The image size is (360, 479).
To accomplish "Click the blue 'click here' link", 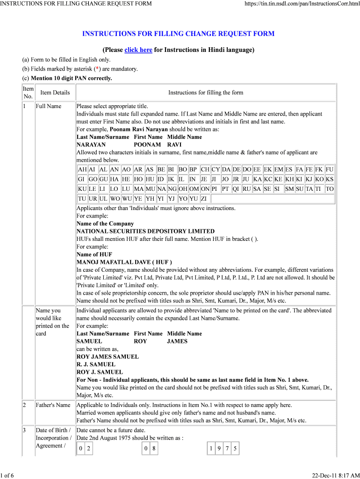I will (138, 50).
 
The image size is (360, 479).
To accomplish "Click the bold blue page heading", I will (178, 34).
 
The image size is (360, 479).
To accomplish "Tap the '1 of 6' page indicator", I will (7, 476).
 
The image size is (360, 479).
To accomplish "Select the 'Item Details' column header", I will (55, 93).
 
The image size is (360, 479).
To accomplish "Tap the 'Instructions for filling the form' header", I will (206, 93).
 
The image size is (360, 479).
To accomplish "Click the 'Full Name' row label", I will (48, 106).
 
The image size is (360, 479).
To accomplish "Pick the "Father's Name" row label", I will (53, 405).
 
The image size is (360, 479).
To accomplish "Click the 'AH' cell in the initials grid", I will (82, 169).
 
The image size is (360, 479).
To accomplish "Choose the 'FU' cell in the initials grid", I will (330, 169).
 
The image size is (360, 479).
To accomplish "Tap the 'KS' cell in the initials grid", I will (330, 179).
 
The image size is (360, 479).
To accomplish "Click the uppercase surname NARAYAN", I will (91, 145).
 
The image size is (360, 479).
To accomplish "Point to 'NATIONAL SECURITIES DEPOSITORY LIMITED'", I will (145, 231).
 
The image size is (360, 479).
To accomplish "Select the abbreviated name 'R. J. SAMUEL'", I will (96, 364).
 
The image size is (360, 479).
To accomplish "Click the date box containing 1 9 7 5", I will (223, 449).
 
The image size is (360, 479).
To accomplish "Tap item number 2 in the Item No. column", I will (24, 405).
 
